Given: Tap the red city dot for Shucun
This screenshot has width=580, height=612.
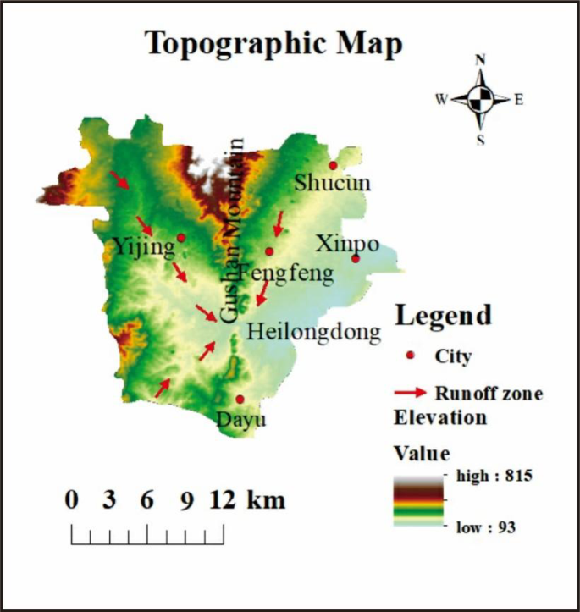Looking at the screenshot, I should (x=333, y=165).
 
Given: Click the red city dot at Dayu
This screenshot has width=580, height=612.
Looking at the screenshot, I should (x=240, y=400).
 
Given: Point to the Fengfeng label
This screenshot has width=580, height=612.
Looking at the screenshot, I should (x=285, y=273).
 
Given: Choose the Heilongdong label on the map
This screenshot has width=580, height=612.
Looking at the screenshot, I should (x=313, y=333).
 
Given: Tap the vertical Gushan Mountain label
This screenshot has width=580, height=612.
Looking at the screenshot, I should (x=230, y=229).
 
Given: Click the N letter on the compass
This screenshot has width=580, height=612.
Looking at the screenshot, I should (x=480, y=60).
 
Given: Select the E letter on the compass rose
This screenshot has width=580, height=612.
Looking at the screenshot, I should (x=518, y=100).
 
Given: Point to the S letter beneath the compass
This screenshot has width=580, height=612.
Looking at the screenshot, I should (x=480, y=140).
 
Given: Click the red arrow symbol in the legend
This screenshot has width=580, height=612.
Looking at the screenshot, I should (x=411, y=393).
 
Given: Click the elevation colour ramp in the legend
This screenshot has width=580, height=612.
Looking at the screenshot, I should (x=417, y=501).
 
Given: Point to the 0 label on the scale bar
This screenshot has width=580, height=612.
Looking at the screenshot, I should (x=72, y=499).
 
